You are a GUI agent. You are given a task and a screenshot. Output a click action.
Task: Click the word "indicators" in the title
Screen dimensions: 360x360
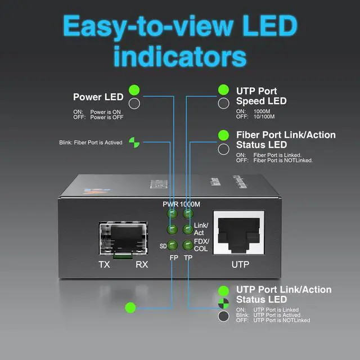point(180,57)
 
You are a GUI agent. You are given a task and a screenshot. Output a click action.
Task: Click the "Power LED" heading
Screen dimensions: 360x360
point(98,97)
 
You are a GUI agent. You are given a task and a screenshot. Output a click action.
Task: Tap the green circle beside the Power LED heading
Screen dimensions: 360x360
point(134,90)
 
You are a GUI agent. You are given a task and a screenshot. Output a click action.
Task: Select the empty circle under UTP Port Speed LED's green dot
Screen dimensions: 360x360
point(223,103)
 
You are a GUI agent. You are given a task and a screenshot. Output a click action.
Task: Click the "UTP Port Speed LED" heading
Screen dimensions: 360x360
point(261,96)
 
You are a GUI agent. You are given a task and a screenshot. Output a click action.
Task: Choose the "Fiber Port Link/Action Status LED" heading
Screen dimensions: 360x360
point(285,139)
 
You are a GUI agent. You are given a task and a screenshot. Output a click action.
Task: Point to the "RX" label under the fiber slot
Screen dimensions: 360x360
point(142,263)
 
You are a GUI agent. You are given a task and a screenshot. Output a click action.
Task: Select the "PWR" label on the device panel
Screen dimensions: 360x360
point(170,204)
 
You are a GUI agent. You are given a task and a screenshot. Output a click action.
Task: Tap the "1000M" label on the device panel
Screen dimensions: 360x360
point(190,204)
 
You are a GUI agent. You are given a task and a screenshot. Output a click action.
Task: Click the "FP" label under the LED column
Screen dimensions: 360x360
point(173,257)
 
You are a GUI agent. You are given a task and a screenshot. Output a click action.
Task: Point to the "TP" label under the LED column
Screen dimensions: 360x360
point(188,257)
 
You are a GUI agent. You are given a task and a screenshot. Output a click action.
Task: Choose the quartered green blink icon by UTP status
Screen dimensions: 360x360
point(223,303)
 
